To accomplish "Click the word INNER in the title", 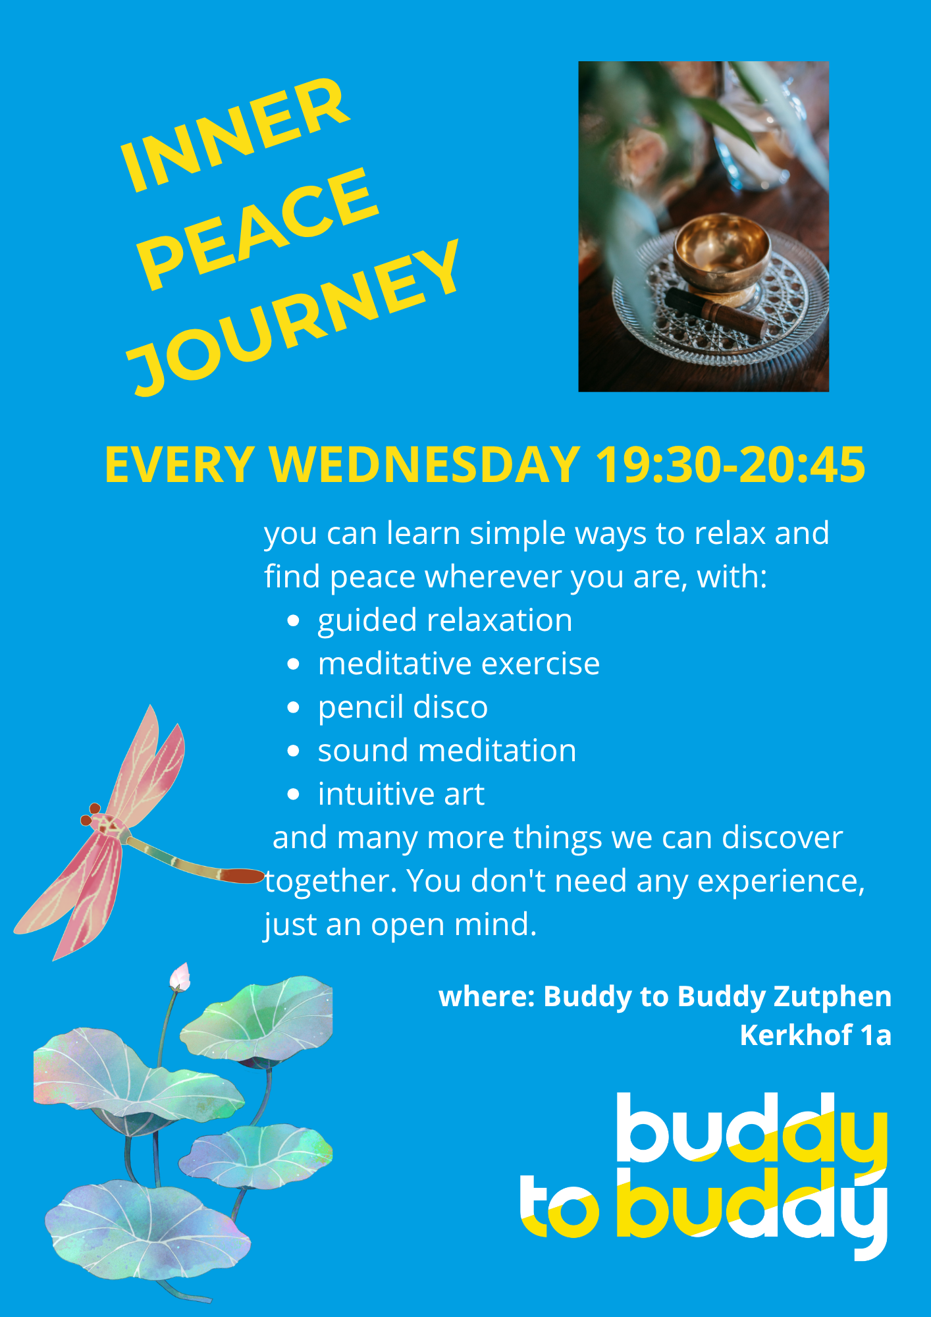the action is click(235, 135).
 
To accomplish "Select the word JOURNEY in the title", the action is click(294, 317).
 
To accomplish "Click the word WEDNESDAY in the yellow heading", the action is click(425, 465).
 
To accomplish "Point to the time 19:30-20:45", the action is click(730, 465).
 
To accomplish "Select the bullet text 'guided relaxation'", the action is click(445, 621).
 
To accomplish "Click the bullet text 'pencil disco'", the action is click(403, 708).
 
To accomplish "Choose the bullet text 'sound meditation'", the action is click(447, 751).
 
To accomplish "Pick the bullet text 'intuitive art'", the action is click(401, 794).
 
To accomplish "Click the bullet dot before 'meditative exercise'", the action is click(294, 664).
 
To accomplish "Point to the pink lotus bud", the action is click(180, 977).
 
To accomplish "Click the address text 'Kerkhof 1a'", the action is click(815, 1035).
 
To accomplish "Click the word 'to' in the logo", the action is click(560, 1207).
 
